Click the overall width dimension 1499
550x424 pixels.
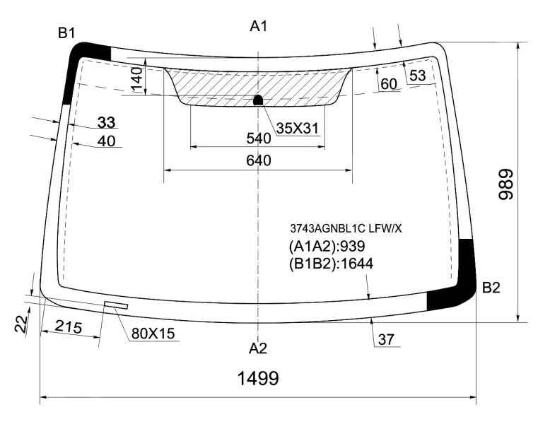click(258, 378)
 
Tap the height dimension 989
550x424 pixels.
click(505, 184)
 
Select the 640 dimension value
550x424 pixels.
click(259, 160)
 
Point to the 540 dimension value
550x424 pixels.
click(259, 139)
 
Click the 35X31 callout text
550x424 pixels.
click(298, 129)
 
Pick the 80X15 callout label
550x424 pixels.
click(153, 334)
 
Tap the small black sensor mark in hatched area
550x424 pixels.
click(258, 100)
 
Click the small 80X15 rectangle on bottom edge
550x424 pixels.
click(116, 305)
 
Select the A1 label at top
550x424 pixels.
click(259, 26)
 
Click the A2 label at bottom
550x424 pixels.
click(258, 348)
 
